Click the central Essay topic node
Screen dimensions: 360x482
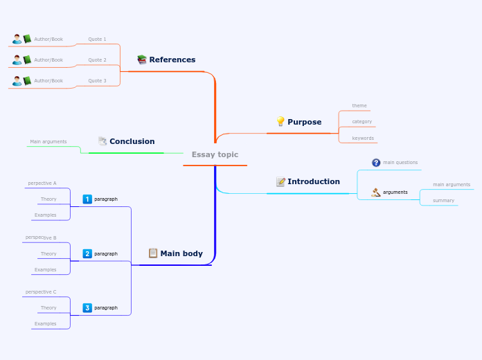[215, 154]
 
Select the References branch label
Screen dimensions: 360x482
[172, 60]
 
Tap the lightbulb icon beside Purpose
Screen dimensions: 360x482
[280, 121]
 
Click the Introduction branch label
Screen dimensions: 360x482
[313, 181]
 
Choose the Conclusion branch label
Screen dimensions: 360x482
[132, 141]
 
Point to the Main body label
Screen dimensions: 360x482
[181, 253]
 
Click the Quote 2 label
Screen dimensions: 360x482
[97, 60]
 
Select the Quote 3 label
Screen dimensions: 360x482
[97, 80]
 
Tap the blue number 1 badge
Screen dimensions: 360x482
[87, 199]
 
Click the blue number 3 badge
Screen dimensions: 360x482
[87, 307]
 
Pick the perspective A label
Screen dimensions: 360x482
[42, 183]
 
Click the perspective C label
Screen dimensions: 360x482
[41, 291]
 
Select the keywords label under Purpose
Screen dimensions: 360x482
[363, 138]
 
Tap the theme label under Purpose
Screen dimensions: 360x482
[359, 106]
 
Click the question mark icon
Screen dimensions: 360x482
[376, 163]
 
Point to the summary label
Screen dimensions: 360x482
[443, 200]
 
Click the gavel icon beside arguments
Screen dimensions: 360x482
[376, 192]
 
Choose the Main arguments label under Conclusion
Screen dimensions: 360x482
[48, 141]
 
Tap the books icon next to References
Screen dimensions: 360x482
[142, 60]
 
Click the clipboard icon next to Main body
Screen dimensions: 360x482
[153, 253]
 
